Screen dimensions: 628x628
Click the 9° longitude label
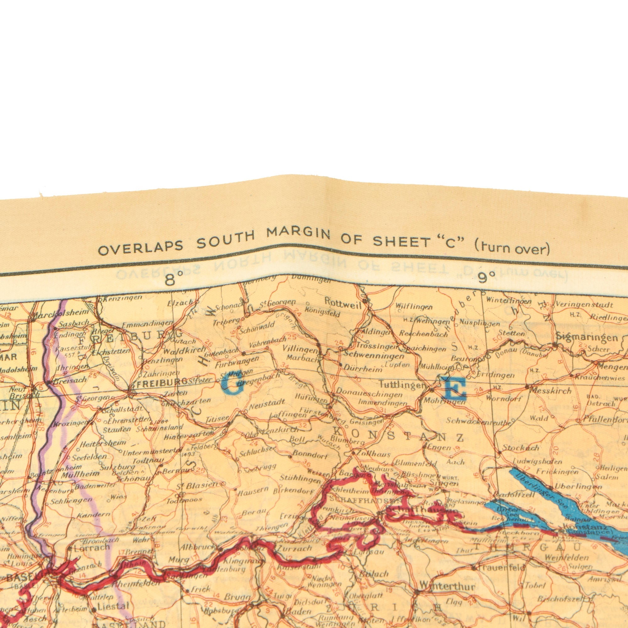point(486,279)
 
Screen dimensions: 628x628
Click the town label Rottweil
point(343,302)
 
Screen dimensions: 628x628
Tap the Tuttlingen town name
point(402,385)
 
